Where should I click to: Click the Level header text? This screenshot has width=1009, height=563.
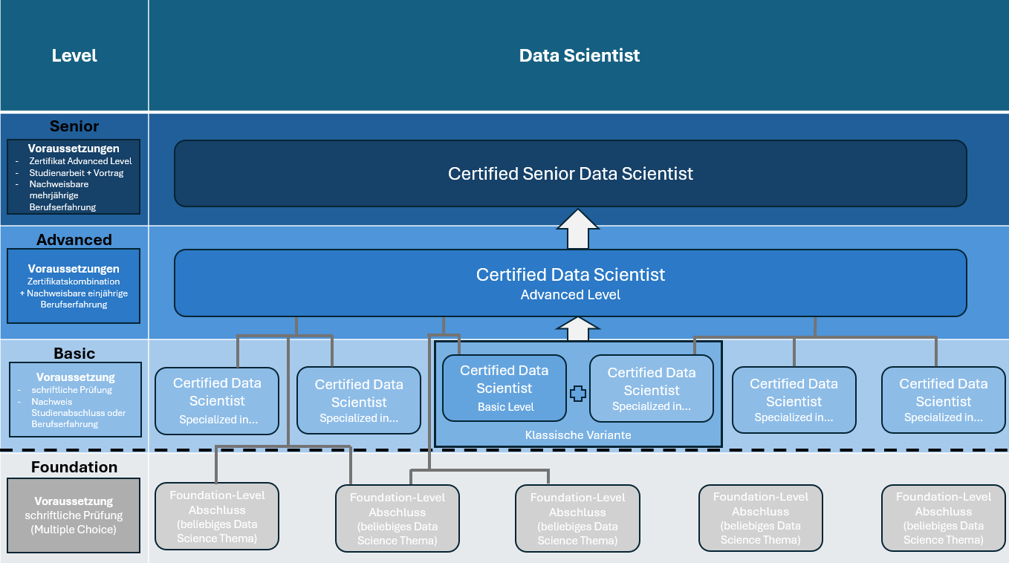pyautogui.click(x=74, y=56)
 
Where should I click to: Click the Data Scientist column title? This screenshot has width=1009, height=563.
pyautogui.click(x=580, y=56)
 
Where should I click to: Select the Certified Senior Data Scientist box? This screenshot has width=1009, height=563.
pyautogui.click(x=571, y=173)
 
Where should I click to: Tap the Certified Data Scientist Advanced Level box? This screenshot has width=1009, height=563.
pyautogui.click(x=571, y=283)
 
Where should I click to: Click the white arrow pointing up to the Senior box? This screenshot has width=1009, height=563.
pyautogui.click(x=578, y=229)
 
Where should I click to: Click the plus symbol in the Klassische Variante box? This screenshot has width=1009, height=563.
pyautogui.click(x=578, y=394)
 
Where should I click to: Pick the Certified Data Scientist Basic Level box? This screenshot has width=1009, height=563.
pyautogui.click(x=504, y=388)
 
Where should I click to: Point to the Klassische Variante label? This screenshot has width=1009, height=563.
pyautogui.click(x=578, y=435)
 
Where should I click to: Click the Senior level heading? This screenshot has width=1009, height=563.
pyautogui.click(x=74, y=126)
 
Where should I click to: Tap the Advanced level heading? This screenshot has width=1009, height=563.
pyautogui.click(x=74, y=240)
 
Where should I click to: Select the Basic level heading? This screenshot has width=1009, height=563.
pyautogui.click(x=74, y=353)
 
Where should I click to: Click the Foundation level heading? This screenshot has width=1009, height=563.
pyautogui.click(x=74, y=467)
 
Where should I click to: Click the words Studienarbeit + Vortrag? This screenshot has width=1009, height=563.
pyautogui.click(x=76, y=173)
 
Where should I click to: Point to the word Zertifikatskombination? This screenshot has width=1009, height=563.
pyautogui.click(x=74, y=281)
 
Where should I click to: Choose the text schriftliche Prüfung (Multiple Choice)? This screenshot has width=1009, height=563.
pyautogui.click(x=74, y=522)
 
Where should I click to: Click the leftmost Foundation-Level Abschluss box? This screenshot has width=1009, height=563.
pyautogui.click(x=217, y=516)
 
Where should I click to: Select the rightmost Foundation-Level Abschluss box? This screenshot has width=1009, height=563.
pyautogui.click(x=943, y=518)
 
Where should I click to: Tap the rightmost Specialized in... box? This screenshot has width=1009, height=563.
pyautogui.click(x=943, y=400)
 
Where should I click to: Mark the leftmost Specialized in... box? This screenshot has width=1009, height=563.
pyautogui.click(x=217, y=401)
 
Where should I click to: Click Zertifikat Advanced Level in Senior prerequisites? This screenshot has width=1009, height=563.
pyautogui.click(x=80, y=161)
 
